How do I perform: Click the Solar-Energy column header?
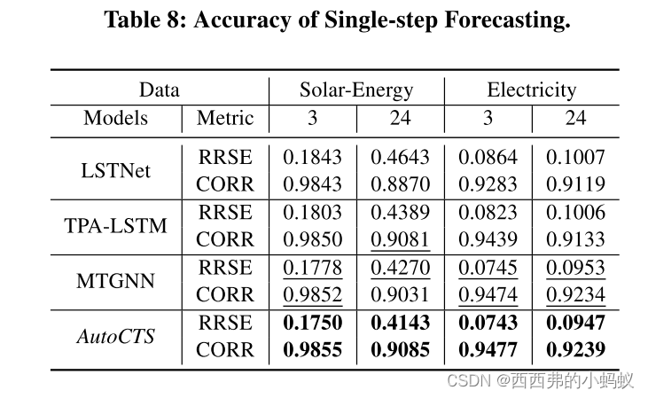point(356,90)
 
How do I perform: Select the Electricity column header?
point(531,90)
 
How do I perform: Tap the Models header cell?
point(116,118)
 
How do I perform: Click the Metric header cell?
point(225,118)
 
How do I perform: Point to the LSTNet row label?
point(116,170)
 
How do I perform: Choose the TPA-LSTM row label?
point(116,226)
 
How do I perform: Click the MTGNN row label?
point(116,281)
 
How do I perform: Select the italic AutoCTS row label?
point(116,336)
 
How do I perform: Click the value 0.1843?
point(312,157)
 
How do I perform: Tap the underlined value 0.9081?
point(400,239)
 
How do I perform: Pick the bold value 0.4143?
point(400,323)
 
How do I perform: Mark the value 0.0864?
point(488,157)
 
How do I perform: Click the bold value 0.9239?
point(575,350)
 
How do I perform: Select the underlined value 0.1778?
point(312,268)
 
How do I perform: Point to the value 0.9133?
point(575,239)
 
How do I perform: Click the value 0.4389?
point(400,213)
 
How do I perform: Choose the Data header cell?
point(160,90)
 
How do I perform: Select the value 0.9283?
point(488,184)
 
